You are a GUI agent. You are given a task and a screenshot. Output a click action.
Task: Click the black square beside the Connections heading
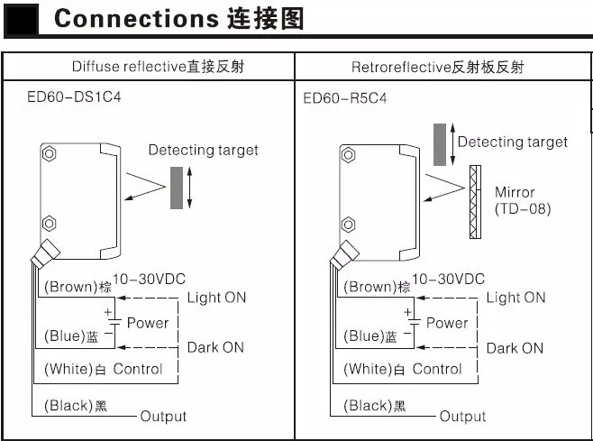tap(22, 20)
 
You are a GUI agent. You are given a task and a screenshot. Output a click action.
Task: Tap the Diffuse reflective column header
tap(158, 67)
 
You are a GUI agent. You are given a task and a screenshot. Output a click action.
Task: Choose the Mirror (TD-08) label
tap(521, 201)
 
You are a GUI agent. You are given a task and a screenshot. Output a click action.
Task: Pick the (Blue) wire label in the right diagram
tap(364, 336)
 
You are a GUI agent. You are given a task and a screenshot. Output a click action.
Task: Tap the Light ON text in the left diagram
tap(215, 298)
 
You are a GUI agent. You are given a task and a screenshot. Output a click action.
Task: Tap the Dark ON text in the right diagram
tap(515, 347)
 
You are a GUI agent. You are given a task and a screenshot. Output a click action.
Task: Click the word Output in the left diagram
tap(163, 416)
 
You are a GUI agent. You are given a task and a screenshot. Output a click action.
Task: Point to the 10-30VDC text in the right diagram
tap(448, 279)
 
